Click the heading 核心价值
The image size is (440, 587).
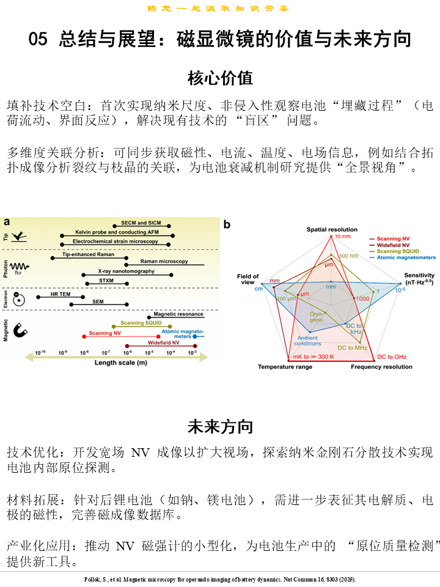point(220,78)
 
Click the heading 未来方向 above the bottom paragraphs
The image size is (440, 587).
point(220,426)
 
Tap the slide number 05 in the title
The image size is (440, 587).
point(38,40)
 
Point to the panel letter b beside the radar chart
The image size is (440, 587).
point(227,225)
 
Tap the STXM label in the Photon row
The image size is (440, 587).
point(106,279)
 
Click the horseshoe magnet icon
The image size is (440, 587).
point(20,331)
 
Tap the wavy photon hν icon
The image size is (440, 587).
point(20,268)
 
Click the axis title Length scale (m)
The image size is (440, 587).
point(120,363)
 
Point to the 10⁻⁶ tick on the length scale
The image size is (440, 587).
point(127,353)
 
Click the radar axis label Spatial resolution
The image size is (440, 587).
point(332,229)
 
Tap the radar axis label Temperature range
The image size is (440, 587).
point(285,367)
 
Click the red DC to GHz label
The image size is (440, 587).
point(391,356)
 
